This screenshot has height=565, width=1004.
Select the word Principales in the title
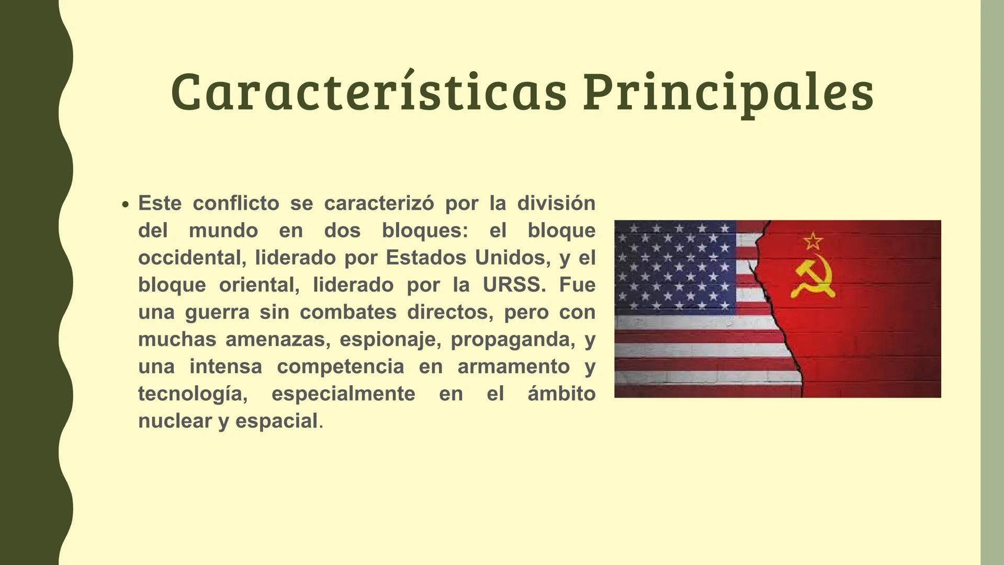728,93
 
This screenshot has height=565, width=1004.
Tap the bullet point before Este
125,205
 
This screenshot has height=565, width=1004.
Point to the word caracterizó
379,203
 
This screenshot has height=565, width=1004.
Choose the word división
556,203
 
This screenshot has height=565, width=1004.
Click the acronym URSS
513,285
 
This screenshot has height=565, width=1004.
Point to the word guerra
217,312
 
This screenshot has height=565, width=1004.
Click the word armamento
513,366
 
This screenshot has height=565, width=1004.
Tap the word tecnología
193,393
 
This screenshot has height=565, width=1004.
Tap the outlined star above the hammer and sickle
813,241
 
